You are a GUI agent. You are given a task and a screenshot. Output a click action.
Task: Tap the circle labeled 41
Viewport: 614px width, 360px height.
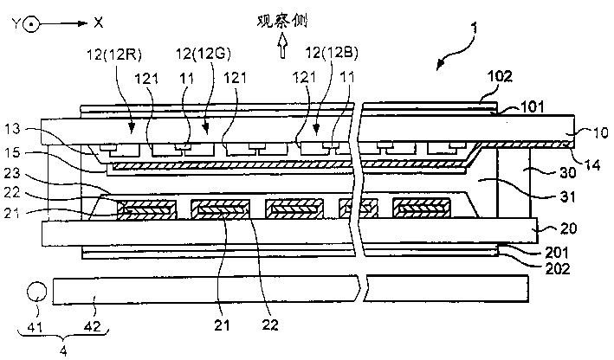(37, 289)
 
